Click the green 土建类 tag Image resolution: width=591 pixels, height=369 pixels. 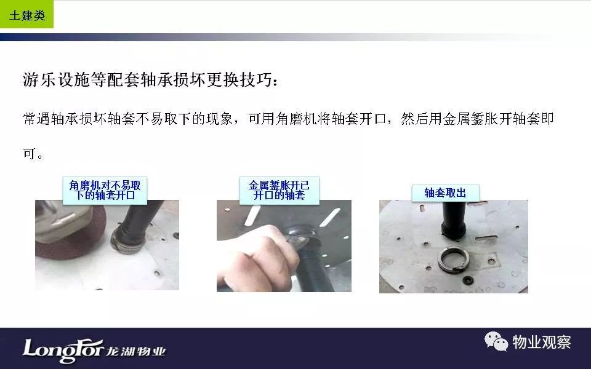[26, 14]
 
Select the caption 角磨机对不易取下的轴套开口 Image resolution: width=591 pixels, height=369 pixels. [105, 190]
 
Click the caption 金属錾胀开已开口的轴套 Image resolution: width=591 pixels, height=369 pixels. [279, 190]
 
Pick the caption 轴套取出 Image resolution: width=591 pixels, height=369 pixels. [445, 192]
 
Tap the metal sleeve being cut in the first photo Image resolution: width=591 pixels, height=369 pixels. [126, 241]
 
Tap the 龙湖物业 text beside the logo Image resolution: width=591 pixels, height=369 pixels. [135, 351]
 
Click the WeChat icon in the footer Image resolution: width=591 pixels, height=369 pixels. [496, 341]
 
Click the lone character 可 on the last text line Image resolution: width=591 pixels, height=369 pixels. [30, 153]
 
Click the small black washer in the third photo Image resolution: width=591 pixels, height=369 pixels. [468, 280]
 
